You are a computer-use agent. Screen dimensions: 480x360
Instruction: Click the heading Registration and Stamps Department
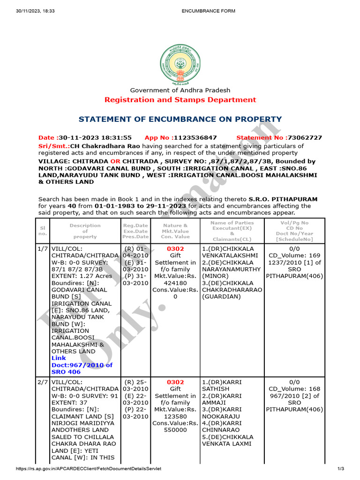[x=180, y=100]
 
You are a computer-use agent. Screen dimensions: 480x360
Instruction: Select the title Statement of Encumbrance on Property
[x=180, y=119]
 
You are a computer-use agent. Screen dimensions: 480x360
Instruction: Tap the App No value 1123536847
[x=195, y=138]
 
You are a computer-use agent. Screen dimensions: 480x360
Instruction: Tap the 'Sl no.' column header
[x=43, y=230]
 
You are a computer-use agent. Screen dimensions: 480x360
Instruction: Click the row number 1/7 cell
[x=43, y=249]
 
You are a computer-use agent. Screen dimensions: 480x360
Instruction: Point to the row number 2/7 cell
[x=43, y=382]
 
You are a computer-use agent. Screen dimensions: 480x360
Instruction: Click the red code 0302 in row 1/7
[x=175, y=249]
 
